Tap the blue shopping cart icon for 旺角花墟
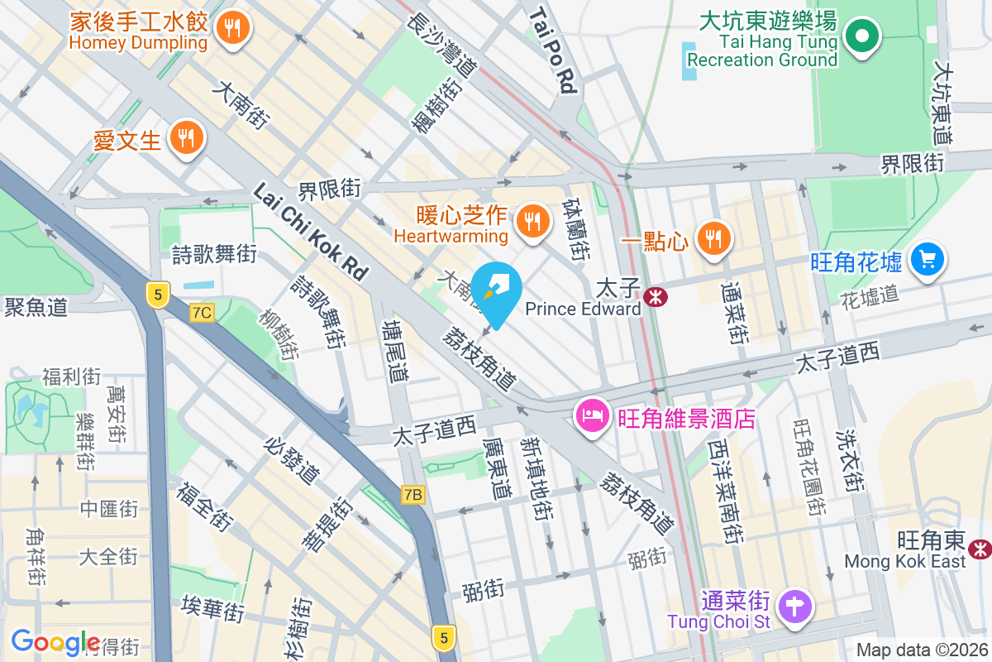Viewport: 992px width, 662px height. [x=928, y=260]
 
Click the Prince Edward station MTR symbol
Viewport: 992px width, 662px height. [x=657, y=296]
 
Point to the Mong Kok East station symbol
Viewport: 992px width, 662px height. [x=980, y=547]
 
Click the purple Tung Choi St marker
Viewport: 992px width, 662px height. [x=794, y=606]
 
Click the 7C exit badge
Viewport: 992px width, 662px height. [x=202, y=312]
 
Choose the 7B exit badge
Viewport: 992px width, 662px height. [x=413, y=495]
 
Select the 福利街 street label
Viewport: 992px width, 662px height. [x=72, y=378]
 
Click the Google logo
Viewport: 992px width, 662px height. [x=55, y=641]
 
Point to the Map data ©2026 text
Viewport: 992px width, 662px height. [x=922, y=650]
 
